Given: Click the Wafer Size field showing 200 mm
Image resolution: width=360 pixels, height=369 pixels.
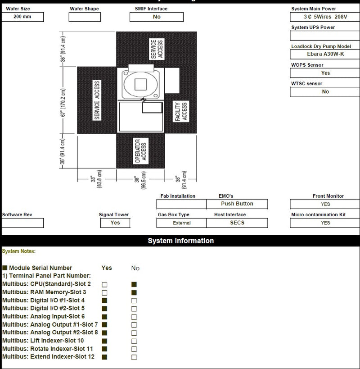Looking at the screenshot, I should (22, 17).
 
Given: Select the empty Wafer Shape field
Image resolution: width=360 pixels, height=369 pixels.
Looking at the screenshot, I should (84, 17).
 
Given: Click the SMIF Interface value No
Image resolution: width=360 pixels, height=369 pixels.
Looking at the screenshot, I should (157, 17).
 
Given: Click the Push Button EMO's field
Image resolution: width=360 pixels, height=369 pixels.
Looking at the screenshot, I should (237, 204).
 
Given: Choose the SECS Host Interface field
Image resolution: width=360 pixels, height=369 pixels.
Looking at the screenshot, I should (237, 223).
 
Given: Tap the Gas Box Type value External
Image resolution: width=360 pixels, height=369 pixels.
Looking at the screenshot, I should (181, 223).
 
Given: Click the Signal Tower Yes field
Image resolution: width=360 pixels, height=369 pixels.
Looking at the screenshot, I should (115, 223).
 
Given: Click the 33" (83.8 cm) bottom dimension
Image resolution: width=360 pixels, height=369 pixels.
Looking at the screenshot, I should (97, 180).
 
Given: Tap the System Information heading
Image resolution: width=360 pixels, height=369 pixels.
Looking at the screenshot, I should (180, 241).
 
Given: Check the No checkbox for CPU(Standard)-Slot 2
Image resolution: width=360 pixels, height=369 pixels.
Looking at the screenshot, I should (134, 284).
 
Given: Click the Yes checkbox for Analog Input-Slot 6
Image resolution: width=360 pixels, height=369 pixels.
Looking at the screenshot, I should (104, 317).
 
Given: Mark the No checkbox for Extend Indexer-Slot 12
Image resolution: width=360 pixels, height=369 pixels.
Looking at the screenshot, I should (134, 357).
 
